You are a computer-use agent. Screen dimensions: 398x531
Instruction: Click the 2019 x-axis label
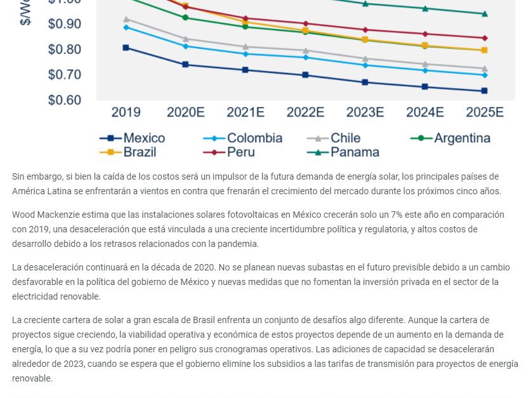tap(126, 112)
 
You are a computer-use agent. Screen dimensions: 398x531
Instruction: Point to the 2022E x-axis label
tap(305, 112)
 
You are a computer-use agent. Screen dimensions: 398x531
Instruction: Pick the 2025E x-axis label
tap(484, 112)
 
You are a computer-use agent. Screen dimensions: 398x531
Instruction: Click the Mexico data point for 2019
tap(126, 48)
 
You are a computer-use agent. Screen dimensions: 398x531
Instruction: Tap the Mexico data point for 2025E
tap(484, 91)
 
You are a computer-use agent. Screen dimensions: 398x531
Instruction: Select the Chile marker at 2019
tap(126, 19)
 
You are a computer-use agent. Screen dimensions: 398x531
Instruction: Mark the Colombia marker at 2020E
tap(185, 46)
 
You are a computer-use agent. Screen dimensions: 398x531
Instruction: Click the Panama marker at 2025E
tap(484, 13)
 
